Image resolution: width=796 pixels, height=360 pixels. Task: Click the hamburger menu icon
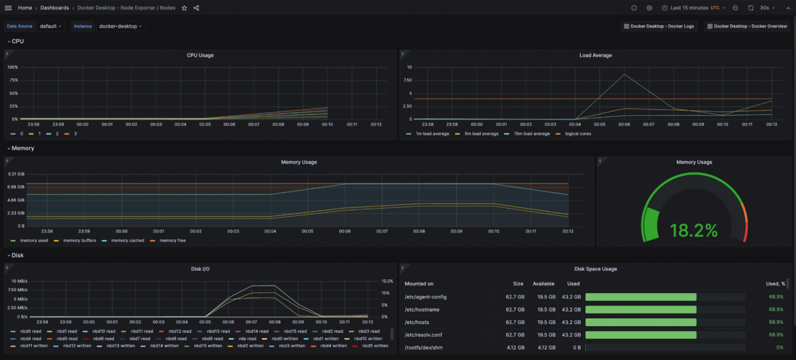click(8, 8)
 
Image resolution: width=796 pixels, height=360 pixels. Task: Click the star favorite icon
click(184, 8)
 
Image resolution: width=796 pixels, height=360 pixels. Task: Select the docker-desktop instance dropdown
click(121, 26)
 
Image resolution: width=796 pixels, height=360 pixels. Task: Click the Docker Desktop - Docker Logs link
click(659, 26)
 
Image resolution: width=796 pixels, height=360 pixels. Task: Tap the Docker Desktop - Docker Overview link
click(747, 26)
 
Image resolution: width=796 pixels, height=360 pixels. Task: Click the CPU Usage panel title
click(200, 55)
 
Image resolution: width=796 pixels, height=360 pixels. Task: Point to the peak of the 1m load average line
click(625, 74)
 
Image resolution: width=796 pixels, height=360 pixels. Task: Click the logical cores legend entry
click(578, 133)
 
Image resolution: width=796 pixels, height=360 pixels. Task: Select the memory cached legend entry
click(128, 240)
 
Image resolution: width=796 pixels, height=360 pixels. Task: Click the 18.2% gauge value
click(693, 230)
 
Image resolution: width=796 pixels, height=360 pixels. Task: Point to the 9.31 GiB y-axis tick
click(16, 174)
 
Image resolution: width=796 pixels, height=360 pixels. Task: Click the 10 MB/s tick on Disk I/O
click(19, 281)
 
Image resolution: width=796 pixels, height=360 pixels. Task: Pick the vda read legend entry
click(247, 338)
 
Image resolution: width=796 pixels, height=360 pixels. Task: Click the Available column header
click(544, 284)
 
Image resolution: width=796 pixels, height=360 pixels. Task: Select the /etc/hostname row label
click(422, 310)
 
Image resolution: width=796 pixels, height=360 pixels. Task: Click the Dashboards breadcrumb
click(55, 8)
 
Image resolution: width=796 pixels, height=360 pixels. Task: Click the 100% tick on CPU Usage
click(13, 67)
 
